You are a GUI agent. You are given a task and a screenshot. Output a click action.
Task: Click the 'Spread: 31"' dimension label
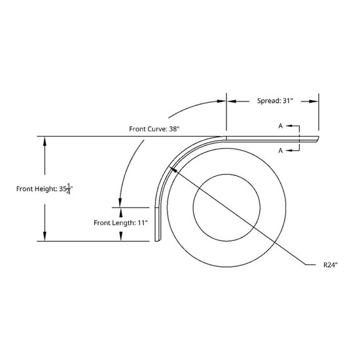click(271, 101)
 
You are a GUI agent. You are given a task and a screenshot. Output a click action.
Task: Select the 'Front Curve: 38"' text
click(156, 129)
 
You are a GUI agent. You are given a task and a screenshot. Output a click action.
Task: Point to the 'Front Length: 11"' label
click(123, 223)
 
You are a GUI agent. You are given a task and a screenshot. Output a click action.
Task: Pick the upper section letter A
click(279, 126)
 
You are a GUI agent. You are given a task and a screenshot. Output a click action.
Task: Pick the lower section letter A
click(279, 151)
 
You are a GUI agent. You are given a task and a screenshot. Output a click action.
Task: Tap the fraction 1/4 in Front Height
click(69, 188)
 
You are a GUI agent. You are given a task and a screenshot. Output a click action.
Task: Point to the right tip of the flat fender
click(317, 138)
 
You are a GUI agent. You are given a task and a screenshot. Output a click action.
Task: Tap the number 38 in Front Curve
click(173, 129)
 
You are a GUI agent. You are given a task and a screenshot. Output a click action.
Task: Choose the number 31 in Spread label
click(285, 101)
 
